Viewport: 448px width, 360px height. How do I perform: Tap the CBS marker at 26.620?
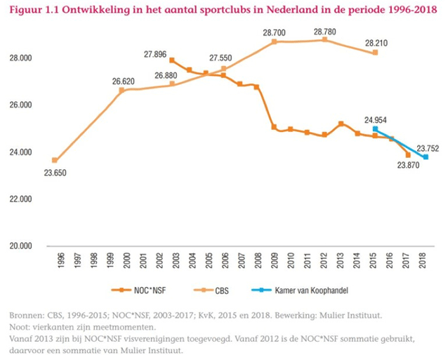click(x=121, y=90)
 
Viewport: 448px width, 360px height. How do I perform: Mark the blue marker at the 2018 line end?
click(x=426, y=157)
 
